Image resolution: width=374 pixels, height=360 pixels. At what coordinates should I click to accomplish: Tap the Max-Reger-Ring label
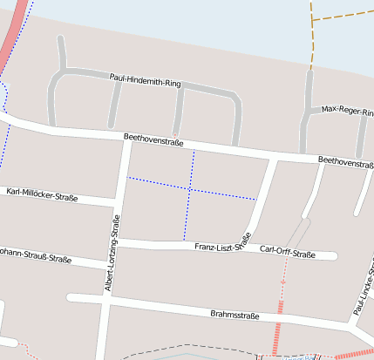346,110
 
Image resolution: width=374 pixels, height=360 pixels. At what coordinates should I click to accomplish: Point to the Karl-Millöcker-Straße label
41,194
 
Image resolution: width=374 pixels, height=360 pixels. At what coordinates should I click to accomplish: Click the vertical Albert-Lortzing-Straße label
112,254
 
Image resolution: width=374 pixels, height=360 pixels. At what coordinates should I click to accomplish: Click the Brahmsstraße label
235,314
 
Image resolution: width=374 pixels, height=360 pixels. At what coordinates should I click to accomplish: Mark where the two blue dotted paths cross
189,188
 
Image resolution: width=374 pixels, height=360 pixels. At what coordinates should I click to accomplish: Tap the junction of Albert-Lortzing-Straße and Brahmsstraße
105,300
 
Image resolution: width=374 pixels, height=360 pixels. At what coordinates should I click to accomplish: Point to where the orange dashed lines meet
312,19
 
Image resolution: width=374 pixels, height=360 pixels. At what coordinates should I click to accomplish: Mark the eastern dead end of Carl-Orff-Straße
333,256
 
